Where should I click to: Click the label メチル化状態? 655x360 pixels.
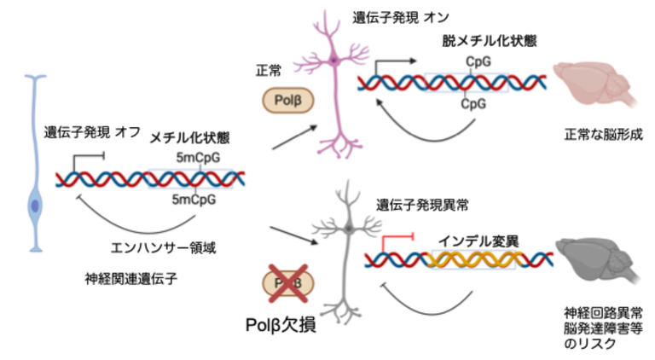(190, 136)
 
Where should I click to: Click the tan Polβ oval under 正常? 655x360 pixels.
(286, 101)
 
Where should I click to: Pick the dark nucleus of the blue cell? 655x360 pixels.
(35, 206)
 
